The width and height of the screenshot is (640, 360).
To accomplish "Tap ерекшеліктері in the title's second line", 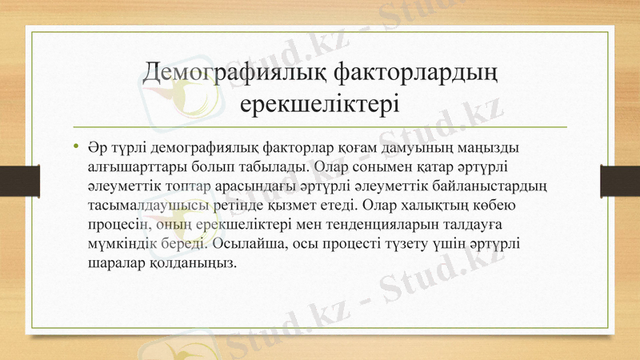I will point(320,105).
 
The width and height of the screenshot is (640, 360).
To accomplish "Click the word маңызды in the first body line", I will point(492,150).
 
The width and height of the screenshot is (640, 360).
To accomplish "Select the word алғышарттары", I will point(130,168).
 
